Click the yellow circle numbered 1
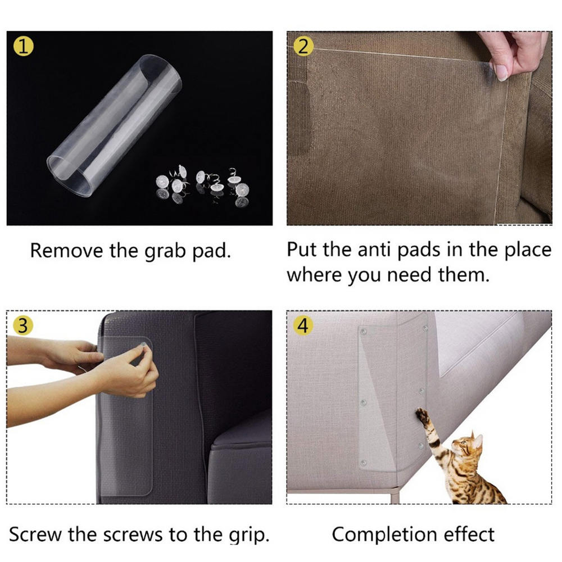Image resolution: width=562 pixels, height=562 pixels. point(24,46)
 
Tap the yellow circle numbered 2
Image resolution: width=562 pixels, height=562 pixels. point(303,47)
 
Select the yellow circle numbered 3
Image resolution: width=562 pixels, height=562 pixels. point(23,325)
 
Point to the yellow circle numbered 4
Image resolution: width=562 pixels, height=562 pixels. point(303,325)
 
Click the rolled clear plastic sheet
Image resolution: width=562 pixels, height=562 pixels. point(114,125)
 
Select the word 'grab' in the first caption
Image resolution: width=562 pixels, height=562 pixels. point(165,251)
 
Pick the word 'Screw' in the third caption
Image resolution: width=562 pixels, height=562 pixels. point(35,534)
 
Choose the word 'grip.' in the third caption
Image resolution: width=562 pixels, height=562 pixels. point(249,536)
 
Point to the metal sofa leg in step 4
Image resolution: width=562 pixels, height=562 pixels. point(395,495)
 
